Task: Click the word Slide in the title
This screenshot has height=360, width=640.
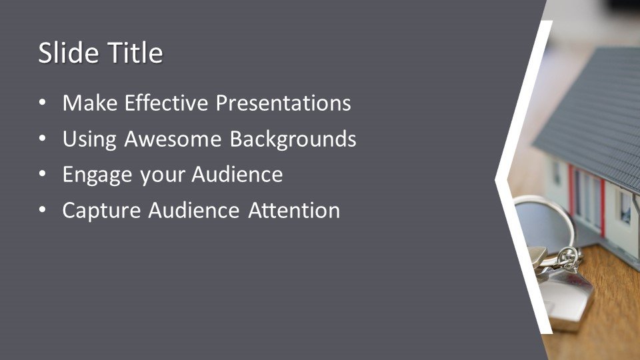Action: [69, 53]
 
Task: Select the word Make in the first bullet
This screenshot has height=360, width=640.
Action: [90, 103]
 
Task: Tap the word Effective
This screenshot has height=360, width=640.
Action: [167, 103]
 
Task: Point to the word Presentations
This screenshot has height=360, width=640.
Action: [283, 103]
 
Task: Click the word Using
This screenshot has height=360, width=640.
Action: [89, 139]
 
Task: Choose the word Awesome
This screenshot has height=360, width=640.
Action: [173, 139]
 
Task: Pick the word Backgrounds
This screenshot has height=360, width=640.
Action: [293, 139]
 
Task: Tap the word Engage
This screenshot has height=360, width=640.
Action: [97, 175]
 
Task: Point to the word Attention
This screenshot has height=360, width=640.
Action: [294, 210]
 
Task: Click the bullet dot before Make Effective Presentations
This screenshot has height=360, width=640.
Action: [43, 103]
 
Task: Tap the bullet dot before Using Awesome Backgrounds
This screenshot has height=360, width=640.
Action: [43, 139]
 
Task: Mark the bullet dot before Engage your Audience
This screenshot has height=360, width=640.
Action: [43, 174]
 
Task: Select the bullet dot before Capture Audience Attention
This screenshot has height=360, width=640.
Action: [43, 210]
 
